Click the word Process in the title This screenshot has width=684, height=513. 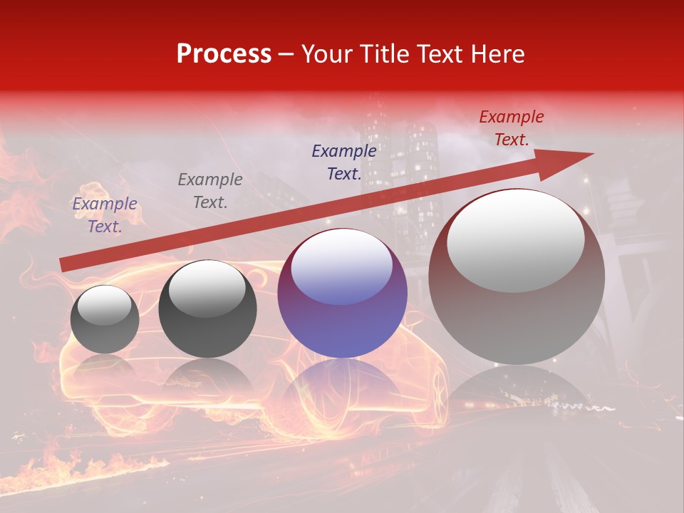tap(224, 54)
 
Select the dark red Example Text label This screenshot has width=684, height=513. tap(511, 128)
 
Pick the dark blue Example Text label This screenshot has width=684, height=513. tap(344, 162)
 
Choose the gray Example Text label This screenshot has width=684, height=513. tap(210, 191)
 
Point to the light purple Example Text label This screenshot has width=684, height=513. tap(105, 215)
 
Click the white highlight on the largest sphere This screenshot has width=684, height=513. tap(516, 239)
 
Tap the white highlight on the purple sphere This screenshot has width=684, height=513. tap(342, 266)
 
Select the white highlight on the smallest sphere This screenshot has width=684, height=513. tap(104, 305)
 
